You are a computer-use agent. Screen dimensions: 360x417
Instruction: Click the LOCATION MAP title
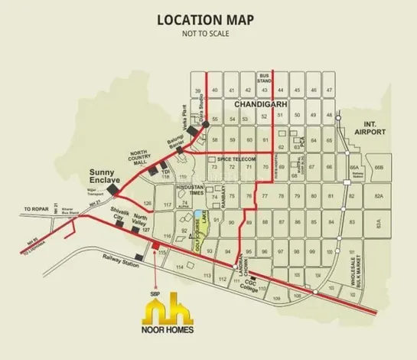tap(207, 19)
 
